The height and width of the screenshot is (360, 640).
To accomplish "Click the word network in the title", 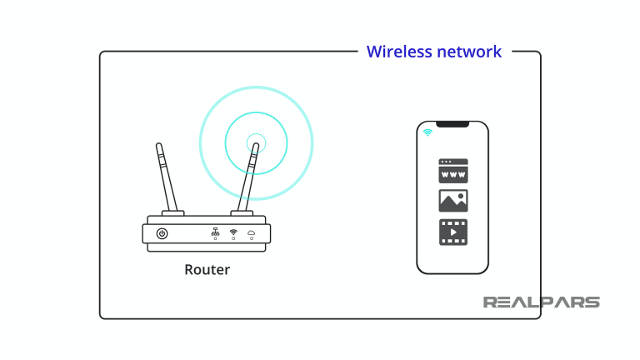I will (469, 52).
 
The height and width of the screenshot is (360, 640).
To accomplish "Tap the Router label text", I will (207, 270).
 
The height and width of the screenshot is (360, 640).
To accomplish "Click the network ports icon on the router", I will (215, 232).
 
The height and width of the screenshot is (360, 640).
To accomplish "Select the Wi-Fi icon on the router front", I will (233, 232).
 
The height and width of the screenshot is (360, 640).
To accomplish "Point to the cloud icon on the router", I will (251, 232).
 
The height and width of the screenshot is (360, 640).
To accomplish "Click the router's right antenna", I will (247, 177).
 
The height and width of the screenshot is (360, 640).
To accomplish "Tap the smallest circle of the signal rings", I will (257, 142).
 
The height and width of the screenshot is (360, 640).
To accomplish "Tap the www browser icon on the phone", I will (453, 171).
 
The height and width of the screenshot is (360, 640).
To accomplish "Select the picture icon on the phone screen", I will (453, 201).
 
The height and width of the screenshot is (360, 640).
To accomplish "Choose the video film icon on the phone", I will (453, 232).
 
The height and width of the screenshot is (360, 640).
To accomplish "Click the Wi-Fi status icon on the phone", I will (427, 132).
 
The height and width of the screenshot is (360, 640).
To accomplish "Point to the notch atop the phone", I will (452, 124).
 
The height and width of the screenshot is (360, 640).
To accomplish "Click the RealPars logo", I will (541, 302).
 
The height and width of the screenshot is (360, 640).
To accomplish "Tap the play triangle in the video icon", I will (454, 232).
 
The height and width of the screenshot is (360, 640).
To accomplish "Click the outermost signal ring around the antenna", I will (311, 142).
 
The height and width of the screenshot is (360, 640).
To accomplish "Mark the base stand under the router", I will (207, 247).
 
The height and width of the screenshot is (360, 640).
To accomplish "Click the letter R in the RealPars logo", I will (492, 302).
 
